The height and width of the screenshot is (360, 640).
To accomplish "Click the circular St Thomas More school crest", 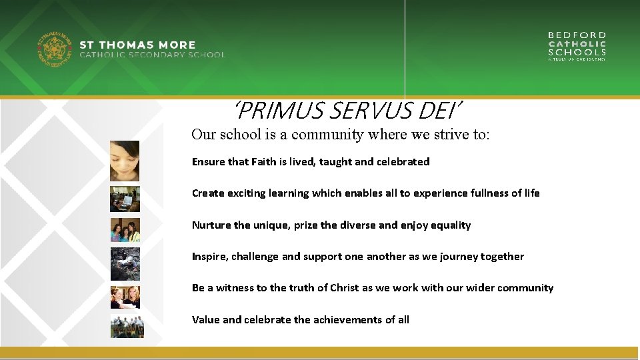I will point(54,51).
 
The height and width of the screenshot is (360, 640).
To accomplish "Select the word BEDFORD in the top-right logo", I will point(577,35).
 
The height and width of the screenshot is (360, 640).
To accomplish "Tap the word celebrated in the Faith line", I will point(403,161).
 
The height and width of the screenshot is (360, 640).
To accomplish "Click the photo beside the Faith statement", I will point(125,161).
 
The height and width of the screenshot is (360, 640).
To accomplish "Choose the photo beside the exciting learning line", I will point(125,198).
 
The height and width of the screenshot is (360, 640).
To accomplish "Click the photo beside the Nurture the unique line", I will point(125,230).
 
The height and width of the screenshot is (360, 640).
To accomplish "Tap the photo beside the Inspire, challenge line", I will point(125,263).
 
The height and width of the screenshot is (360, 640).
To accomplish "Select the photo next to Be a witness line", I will point(125,297).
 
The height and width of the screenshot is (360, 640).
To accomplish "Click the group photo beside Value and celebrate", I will point(127,326).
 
